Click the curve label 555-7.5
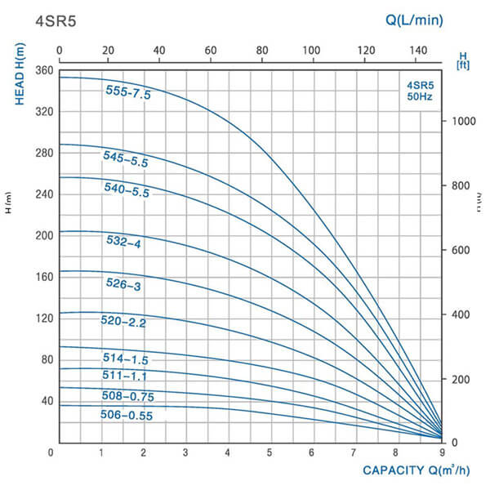coord(128,92)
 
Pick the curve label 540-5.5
coord(125,189)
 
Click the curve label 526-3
coord(124,283)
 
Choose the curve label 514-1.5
coord(126,359)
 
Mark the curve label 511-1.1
coord(126,377)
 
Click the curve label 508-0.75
coord(128,396)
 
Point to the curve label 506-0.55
coord(128,415)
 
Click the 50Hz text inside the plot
coord(420,96)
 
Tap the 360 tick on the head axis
coord(43,71)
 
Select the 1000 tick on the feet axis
coord(463,121)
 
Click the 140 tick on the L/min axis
coord(413,51)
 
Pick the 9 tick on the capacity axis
coord(442,452)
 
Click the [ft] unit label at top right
coord(462,63)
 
